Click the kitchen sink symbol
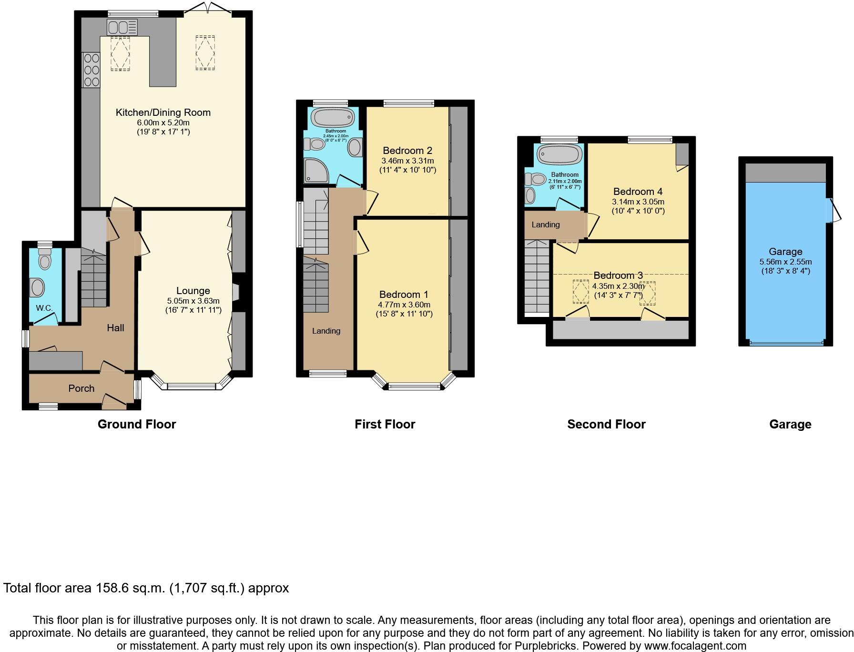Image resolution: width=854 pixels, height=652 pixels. point(122,27)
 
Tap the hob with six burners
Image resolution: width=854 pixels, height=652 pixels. point(91,71)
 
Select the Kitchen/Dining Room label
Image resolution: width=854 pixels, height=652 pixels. point(163,112)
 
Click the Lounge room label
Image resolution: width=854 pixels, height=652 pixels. point(193,291)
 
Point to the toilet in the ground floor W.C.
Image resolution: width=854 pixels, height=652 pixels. point(45,261)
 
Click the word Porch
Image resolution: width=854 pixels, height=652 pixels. point(81,388)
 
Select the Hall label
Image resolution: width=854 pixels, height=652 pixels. point(115,328)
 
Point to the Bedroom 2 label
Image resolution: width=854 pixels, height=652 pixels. point(407,151)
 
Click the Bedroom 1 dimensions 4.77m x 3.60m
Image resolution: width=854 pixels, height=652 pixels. point(404,305)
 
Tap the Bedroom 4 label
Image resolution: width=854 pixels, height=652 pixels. point(638,192)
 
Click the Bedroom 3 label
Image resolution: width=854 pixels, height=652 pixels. point(618,275)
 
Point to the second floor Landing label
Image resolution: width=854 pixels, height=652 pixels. point(546,224)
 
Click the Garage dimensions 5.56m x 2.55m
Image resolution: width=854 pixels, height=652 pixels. point(785,262)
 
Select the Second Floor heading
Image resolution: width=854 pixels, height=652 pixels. point(606,424)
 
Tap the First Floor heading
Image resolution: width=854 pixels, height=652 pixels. point(385,424)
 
